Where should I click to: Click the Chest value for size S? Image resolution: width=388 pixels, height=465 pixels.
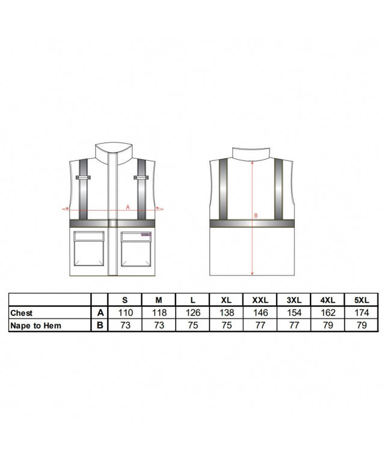[x=125, y=312]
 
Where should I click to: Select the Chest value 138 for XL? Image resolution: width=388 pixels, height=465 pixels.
[x=227, y=312]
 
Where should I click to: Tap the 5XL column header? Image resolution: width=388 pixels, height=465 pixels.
[x=362, y=300]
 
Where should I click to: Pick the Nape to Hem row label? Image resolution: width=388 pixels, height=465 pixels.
[x=35, y=326]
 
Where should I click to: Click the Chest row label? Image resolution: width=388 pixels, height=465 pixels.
[x=22, y=313]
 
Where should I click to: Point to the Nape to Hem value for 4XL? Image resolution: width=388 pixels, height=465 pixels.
[x=328, y=326]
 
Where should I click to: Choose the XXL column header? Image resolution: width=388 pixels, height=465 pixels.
[x=260, y=300]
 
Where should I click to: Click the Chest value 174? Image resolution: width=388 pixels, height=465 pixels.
[x=362, y=312]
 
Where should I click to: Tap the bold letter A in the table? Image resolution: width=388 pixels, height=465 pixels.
[x=100, y=312]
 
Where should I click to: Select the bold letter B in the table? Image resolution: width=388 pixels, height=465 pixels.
[x=100, y=326]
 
